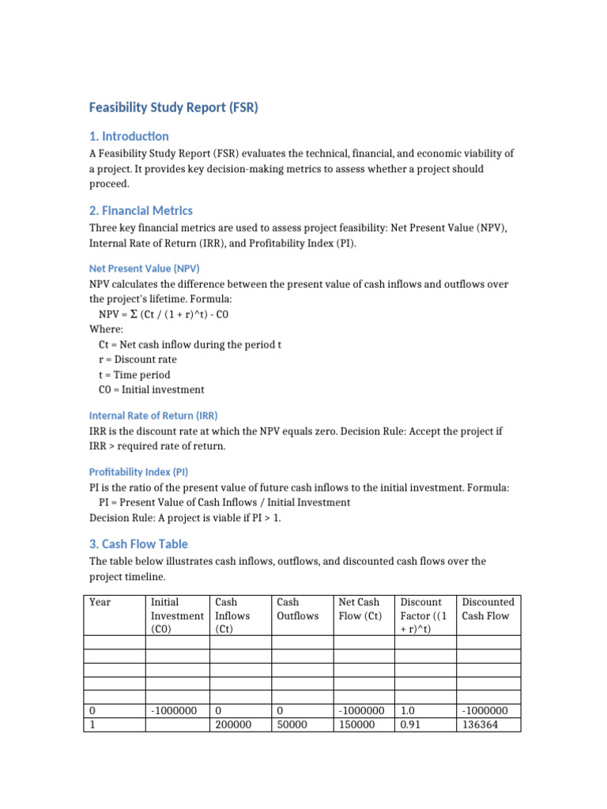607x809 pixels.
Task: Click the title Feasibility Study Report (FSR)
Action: tap(173, 107)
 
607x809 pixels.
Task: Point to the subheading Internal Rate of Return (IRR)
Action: tap(153, 415)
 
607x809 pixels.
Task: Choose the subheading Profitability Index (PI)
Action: tap(138, 471)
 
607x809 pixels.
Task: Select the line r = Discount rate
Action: tap(138, 359)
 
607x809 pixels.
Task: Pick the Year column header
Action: tap(100, 602)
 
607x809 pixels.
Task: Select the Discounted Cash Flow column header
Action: tap(488, 609)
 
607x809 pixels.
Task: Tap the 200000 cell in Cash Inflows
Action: tap(233, 724)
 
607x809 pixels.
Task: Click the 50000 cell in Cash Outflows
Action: tap(292, 724)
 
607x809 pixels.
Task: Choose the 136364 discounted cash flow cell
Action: tap(481, 724)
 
